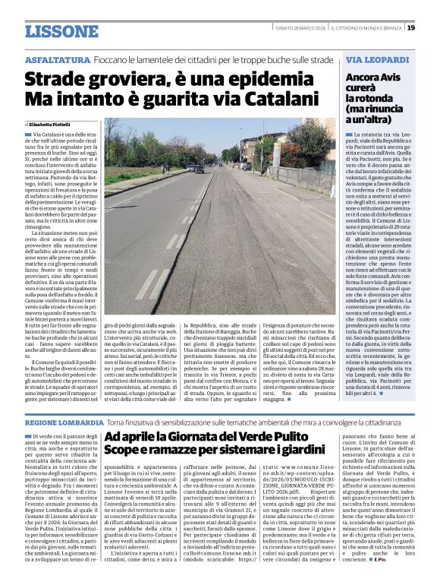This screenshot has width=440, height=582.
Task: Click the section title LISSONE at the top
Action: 61,31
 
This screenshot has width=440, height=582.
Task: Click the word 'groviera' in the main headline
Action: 117,78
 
